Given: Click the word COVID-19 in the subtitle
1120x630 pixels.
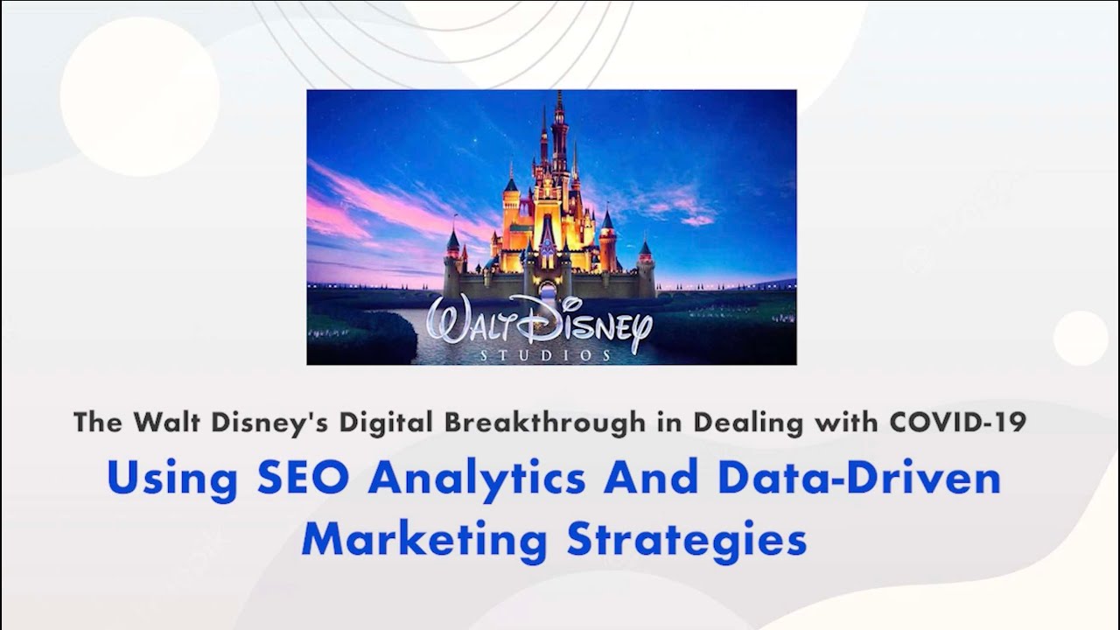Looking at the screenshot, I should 957,423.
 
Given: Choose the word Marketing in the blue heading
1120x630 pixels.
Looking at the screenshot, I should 423,539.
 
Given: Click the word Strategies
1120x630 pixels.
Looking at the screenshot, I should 686,541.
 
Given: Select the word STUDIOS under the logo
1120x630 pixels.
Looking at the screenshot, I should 546,355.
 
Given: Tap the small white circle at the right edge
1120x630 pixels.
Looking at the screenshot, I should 1081,338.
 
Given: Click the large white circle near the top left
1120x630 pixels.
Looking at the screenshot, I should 140,96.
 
